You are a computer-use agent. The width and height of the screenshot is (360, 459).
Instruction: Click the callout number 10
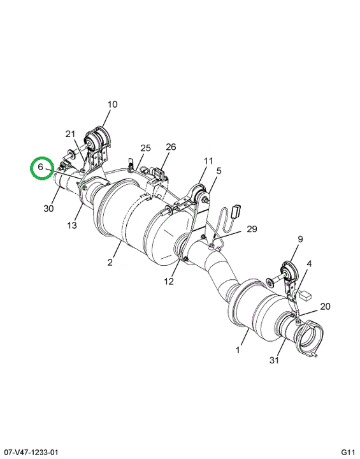[x=112, y=104]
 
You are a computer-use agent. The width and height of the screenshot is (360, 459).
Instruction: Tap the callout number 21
[x=70, y=134]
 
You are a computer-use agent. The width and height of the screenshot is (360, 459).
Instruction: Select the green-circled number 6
[x=40, y=167]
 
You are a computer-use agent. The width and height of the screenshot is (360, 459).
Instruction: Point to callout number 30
[x=48, y=208]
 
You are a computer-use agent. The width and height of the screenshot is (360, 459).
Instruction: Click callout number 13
[x=72, y=225]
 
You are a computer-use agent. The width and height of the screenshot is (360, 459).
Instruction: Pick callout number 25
[x=145, y=148]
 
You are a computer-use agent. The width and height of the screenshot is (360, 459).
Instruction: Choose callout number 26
[x=171, y=147]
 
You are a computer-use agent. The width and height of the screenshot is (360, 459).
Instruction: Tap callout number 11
[x=208, y=161]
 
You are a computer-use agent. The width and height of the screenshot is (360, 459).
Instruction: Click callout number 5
[x=219, y=171]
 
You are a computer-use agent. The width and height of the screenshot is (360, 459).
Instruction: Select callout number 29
[x=252, y=229]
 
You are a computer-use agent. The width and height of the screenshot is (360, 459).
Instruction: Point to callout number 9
[x=300, y=239]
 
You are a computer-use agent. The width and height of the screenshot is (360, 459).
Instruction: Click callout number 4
[x=310, y=264]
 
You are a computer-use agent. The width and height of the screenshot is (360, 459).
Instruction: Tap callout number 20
[x=325, y=306]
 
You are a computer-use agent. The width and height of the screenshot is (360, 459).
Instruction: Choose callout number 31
[x=274, y=360]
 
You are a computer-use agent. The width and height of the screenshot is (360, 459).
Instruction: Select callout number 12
[x=169, y=281]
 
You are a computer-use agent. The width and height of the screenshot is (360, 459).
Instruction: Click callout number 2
[x=110, y=262]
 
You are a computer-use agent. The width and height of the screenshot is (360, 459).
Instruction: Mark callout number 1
[x=238, y=350]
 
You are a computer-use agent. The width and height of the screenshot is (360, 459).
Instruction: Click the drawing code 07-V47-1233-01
[x=29, y=452]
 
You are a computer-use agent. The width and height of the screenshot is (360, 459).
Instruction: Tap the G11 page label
[x=348, y=452]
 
